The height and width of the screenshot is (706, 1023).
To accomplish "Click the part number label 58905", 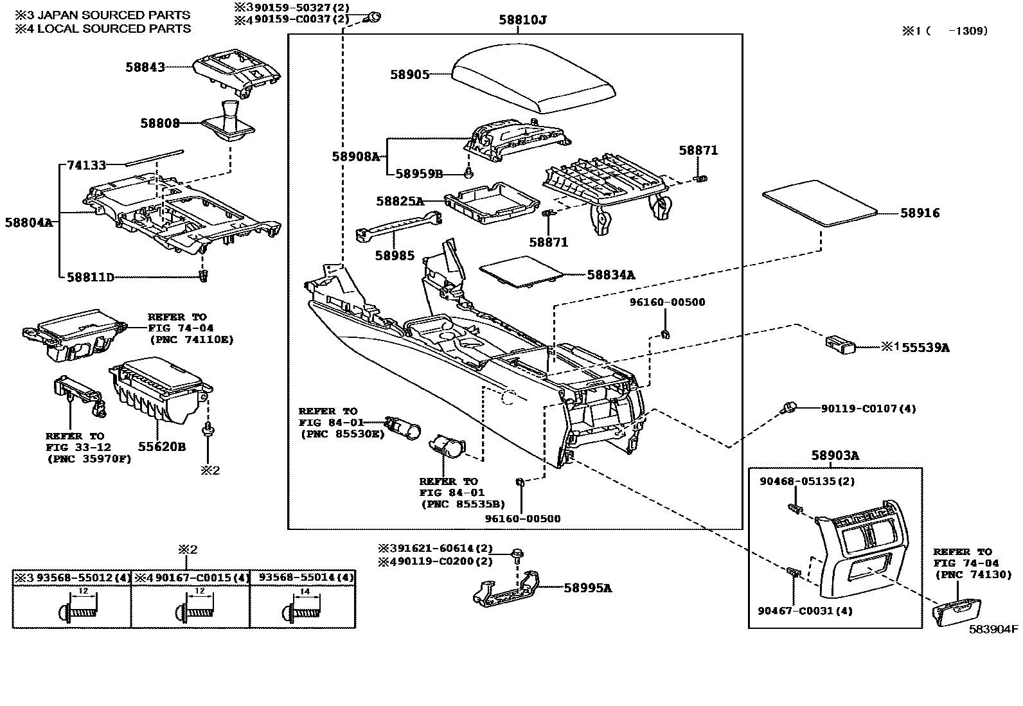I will pyautogui.click(x=409, y=75).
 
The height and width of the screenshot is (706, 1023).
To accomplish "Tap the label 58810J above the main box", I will pyautogui.click(x=522, y=20).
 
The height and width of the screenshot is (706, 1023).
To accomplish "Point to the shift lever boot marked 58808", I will pyautogui.click(x=230, y=122).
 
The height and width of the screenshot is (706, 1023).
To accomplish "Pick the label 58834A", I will pyautogui.click(x=610, y=275).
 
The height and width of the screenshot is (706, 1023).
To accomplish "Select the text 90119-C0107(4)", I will pyautogui.click(x=868, y=409).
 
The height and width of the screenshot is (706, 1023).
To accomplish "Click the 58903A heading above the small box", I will pyautogui.click(x=835, y=455).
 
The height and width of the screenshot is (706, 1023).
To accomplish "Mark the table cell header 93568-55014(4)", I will pyautogui.click(x=303, y=578).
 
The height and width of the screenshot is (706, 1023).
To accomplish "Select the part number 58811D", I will pyautogui.click(x=90, y=277).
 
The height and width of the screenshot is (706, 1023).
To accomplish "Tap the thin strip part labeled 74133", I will pyautogui.click(x=154, y=158).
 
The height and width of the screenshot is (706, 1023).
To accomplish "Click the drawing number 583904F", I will pyautogui.click(x=994, y=630).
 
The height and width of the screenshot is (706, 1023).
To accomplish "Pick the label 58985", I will pyautogui.click(x=395, y=256).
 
